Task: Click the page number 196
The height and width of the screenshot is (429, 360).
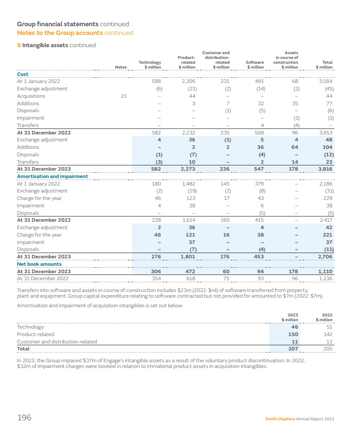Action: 24,418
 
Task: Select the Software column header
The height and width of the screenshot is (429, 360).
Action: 255,65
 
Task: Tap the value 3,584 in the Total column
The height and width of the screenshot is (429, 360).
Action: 326,81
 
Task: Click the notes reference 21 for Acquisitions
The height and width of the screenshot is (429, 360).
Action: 123,96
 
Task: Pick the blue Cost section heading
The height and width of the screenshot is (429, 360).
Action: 23,74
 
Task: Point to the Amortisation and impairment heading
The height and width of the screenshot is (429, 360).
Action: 52,176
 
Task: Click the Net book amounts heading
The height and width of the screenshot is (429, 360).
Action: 39,264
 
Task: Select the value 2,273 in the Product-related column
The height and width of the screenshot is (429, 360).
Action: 188,169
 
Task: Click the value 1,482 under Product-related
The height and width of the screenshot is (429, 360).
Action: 188,184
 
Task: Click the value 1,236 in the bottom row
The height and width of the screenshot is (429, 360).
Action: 326,278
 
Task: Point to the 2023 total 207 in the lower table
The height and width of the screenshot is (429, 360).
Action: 293,349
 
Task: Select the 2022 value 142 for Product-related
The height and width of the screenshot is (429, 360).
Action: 328,334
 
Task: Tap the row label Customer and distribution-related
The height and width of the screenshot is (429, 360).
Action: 57,342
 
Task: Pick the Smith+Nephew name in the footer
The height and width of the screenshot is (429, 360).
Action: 280,419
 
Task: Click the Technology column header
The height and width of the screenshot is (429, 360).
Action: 150,65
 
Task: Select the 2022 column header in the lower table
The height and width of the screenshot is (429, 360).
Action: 327,317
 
